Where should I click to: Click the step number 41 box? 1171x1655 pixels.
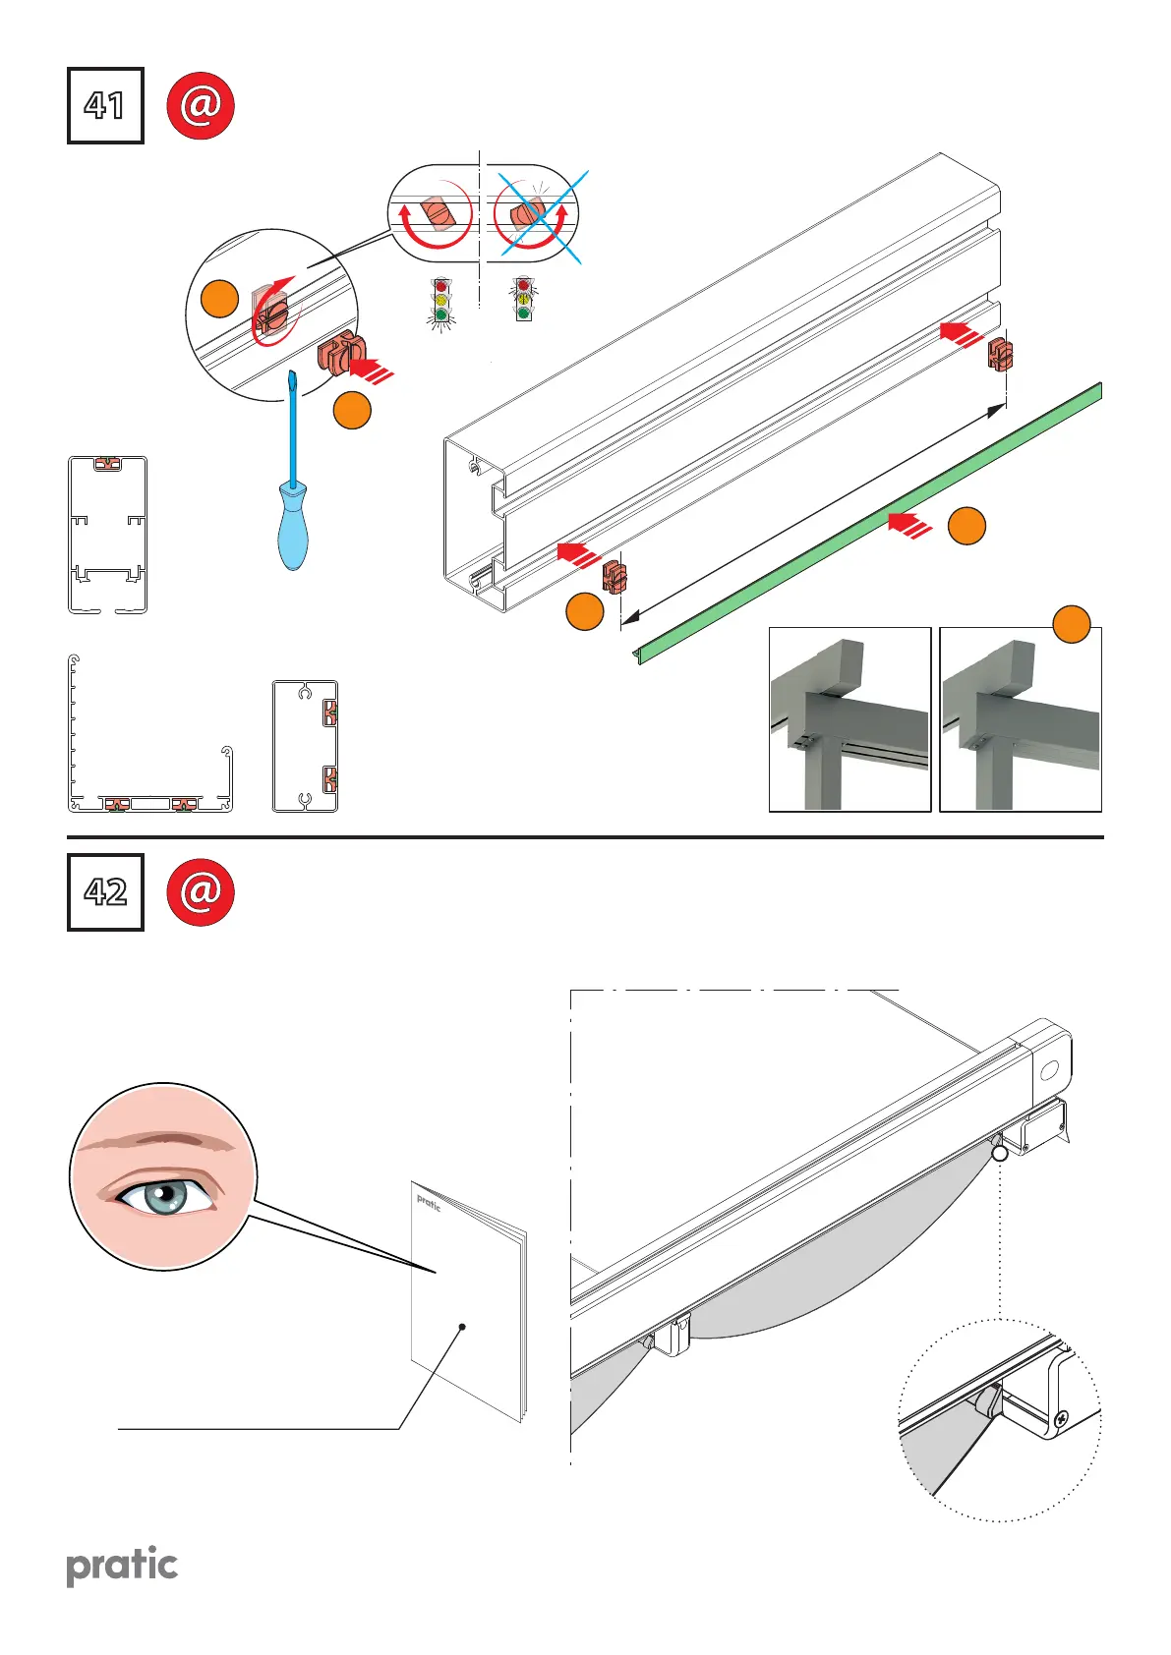click(x=105, y=105)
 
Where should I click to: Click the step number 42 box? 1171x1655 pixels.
click(x=105, y=891)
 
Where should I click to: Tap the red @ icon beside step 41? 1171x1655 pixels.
click(x=201, y=104)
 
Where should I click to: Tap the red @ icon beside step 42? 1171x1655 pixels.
click(x=201, y=891)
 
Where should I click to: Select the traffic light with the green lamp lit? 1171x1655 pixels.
click(x=441, y=300)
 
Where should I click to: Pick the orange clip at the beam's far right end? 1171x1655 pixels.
click(x=1000, y=354)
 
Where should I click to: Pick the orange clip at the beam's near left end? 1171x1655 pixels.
click(x=614, y=576)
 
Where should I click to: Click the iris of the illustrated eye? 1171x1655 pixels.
click(x=162, y=1196)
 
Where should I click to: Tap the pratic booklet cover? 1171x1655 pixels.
click(x=467, y=1297)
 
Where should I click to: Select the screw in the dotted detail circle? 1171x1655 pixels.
click(x=1061, y=1418)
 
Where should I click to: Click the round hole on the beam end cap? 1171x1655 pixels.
click(x=1048, y=1070)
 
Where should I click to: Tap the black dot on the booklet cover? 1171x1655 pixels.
click(x=462, y=1327)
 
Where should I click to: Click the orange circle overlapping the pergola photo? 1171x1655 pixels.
click(x=1072, y=624)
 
